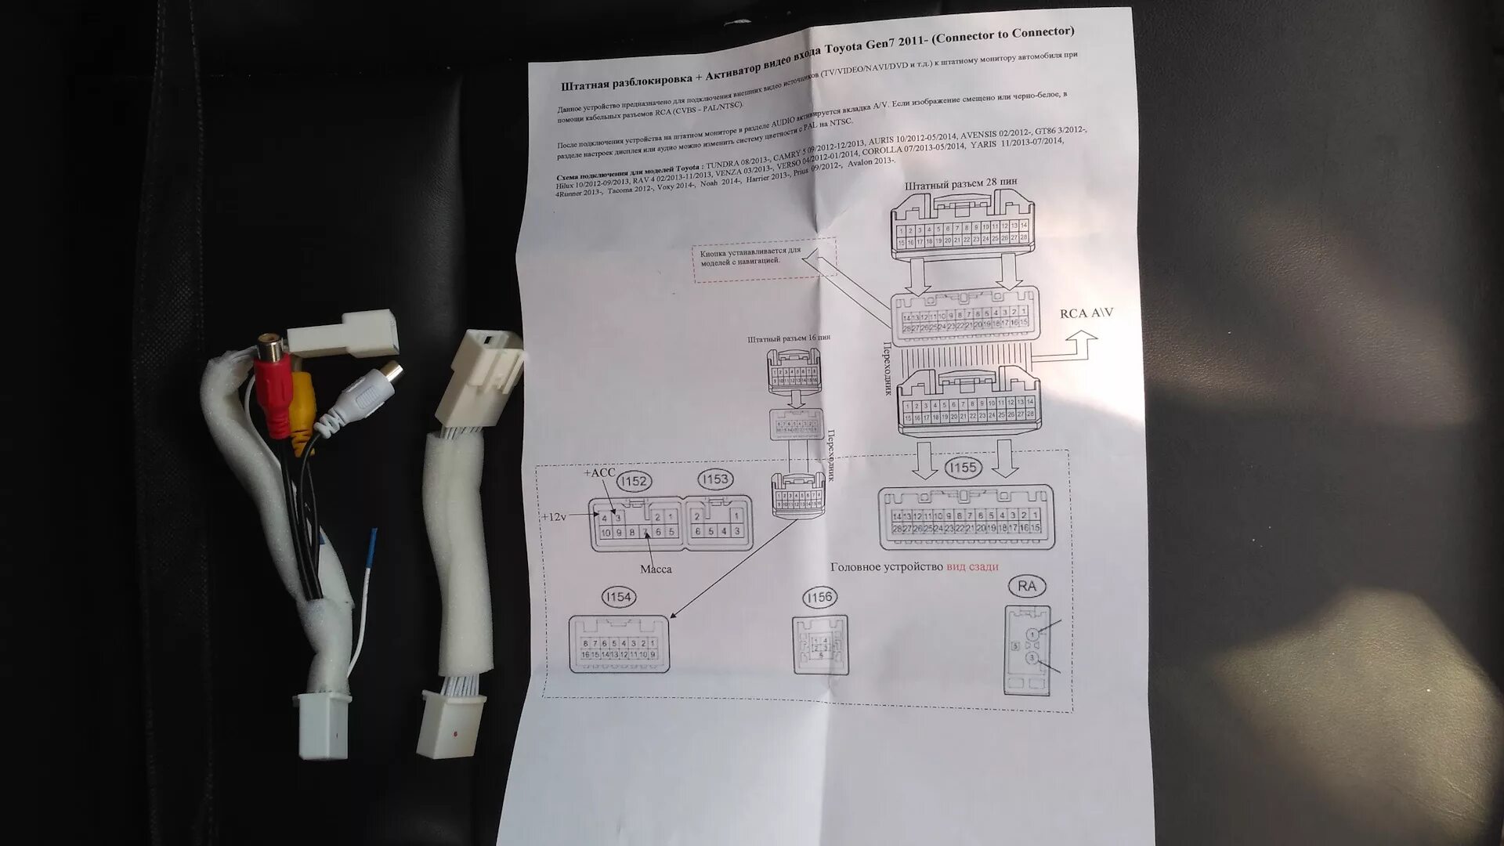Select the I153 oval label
pos(714,479)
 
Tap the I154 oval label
pos(618,597)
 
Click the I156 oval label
pos(818,598)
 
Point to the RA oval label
pos(1027,586)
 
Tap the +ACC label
pos(599,472)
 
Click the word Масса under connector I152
pos(656,569)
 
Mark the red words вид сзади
pos(972,566)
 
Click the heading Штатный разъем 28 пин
pos(960,184)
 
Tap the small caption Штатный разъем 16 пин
pos(789,339)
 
